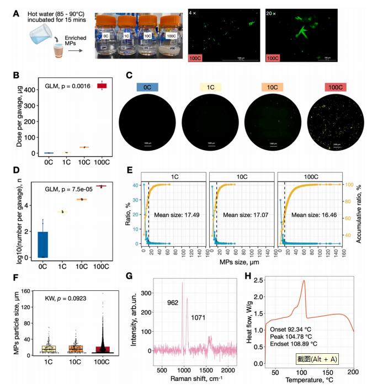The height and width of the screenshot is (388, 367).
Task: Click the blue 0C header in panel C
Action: click(148, 88)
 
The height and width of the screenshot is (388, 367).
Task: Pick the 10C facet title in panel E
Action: click(241, 176)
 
